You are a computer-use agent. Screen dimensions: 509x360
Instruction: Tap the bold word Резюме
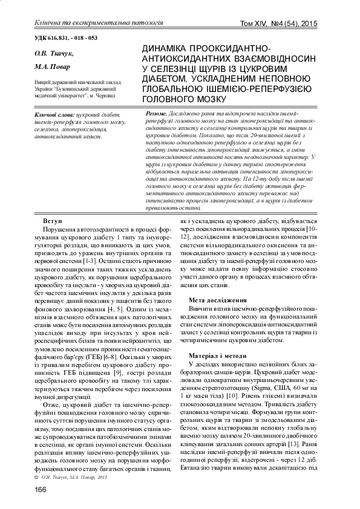[157, 114]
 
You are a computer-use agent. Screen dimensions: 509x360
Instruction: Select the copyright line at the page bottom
[67, 476]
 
